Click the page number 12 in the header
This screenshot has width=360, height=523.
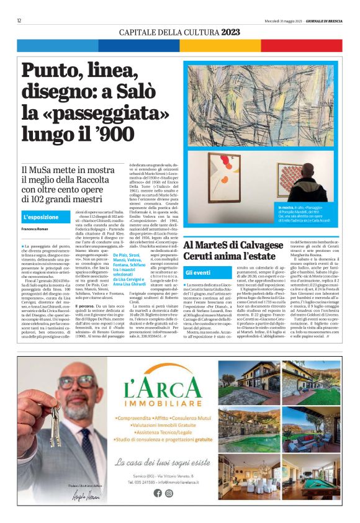pyautogui.click(x=20, y=20)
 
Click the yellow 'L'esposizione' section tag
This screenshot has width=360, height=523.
pyautogui.click(x=41, y=217)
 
